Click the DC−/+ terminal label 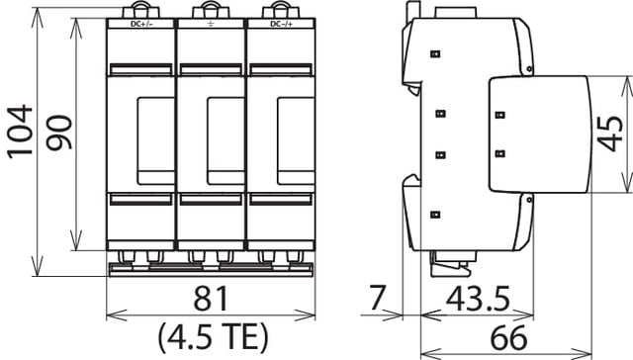click(x=280, y=22)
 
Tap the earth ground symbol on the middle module click(x=210, y=22)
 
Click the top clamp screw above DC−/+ click(x=280, y=9)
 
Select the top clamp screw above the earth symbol click(x=210, y=9)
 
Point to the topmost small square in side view click(x=434, y=53)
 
